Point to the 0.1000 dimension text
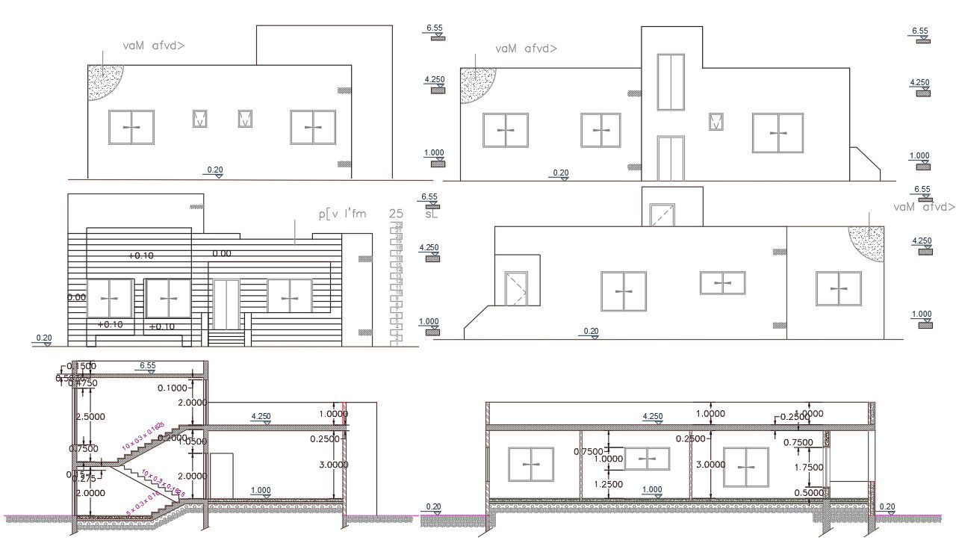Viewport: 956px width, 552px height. click(173, 388)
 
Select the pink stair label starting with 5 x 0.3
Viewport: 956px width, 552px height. click(142, 503)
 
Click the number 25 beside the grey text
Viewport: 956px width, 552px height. click(396, 214)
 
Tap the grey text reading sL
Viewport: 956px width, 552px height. click(431, 214)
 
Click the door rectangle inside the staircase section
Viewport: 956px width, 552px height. click(221, 475)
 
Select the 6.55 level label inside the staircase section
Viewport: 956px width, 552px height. click(148, 366)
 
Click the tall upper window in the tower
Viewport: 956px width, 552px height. click(671, 81)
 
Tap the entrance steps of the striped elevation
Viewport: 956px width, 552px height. click(226, 338)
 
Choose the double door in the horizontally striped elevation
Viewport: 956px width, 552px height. click(226, 304)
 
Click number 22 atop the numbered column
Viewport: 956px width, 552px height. click(399, 225)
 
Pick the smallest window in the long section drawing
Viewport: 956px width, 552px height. click(647, 459)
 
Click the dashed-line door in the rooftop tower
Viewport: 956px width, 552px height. click(662, 214)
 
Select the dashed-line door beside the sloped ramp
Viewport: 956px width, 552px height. click(516, 288)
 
